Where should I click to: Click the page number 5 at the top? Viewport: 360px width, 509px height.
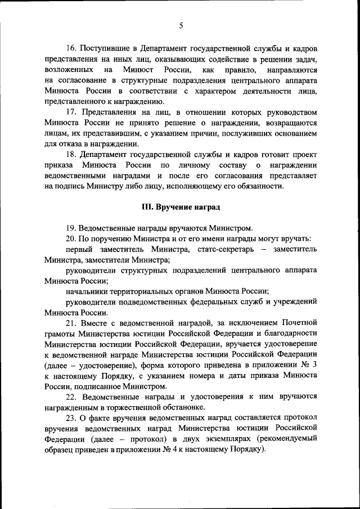(x=181, y=25)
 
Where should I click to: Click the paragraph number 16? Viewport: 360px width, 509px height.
(x=71, y=49)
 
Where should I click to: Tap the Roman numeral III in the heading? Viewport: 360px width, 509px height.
(x=147, y=207)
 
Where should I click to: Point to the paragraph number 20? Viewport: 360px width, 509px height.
(x=71, y=238)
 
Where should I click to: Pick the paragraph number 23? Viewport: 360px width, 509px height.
(x=71, y=418)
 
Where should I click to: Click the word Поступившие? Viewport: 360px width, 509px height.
(x=104, y=49)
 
